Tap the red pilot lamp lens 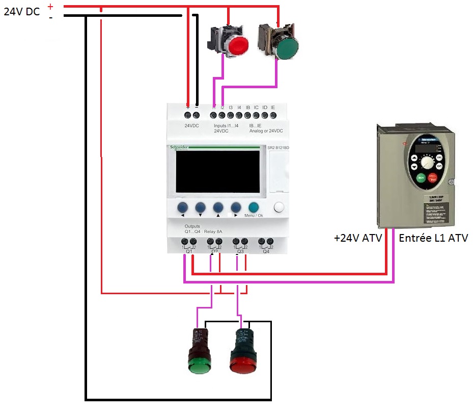coord(242,365)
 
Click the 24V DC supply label coord(22,12)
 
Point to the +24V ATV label coord(358,237)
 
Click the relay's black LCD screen coord(217,171)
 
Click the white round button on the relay coord(279,207)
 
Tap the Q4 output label coord(266,251)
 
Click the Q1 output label coord(188,251)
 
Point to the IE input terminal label coord(273,108)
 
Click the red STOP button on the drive coord(433,178)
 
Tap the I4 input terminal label coord(239,108)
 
